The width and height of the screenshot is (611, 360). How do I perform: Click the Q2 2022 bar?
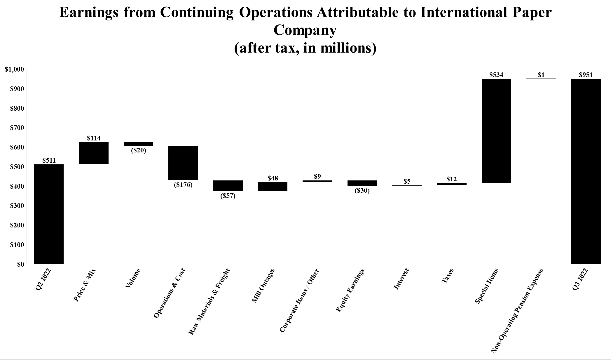coord(49,214)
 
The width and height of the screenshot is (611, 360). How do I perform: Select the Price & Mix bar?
coord(94,153)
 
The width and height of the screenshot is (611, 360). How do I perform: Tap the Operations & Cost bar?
coord(183,163)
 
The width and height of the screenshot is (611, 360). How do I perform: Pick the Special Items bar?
coord(496,131)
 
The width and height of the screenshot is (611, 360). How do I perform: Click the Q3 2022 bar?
coord(586,171)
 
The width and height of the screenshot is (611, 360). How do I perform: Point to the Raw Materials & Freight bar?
coord(228,186)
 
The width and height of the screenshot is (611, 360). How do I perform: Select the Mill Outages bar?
coord(273,187)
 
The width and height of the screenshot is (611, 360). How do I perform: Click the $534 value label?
coord(496,75)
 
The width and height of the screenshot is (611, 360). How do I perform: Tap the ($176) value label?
coord(183,185)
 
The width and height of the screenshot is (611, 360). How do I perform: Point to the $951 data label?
coord(586,75)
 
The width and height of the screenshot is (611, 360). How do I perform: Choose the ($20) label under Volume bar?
coord(138,151)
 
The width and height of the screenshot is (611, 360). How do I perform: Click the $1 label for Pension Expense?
coord(541,75)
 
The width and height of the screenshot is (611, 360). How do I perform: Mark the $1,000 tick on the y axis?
coord(14,69)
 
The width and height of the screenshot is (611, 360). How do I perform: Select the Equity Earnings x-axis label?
coord(350,290)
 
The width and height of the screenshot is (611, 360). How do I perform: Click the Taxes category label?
coord(447,276)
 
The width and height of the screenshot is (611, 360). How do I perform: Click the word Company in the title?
coord(305,30)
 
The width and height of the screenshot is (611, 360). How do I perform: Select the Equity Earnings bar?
coord(362,183)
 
